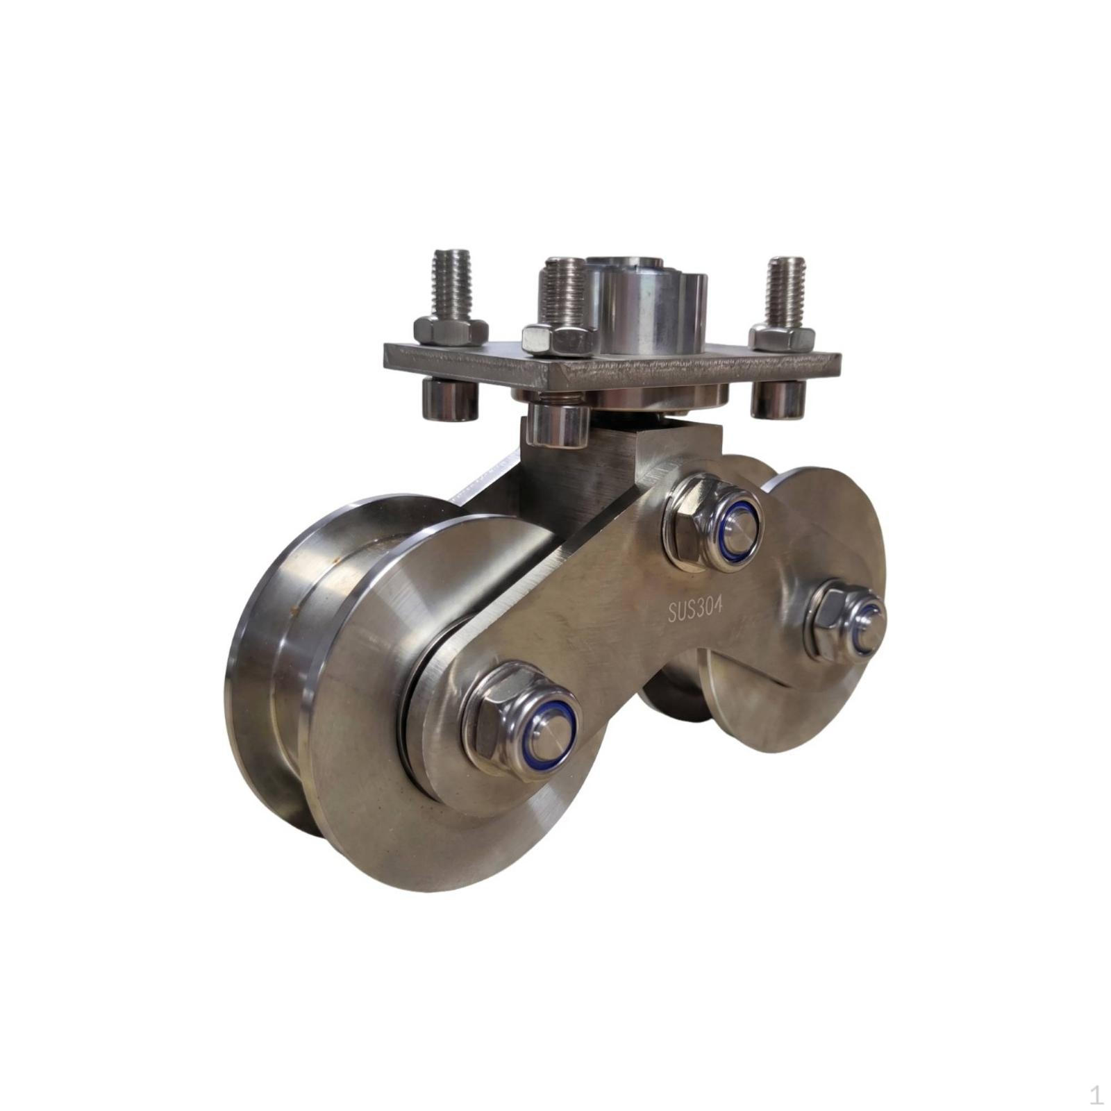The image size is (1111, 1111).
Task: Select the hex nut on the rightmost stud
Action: pyautogui.click(x=783, y=337)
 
